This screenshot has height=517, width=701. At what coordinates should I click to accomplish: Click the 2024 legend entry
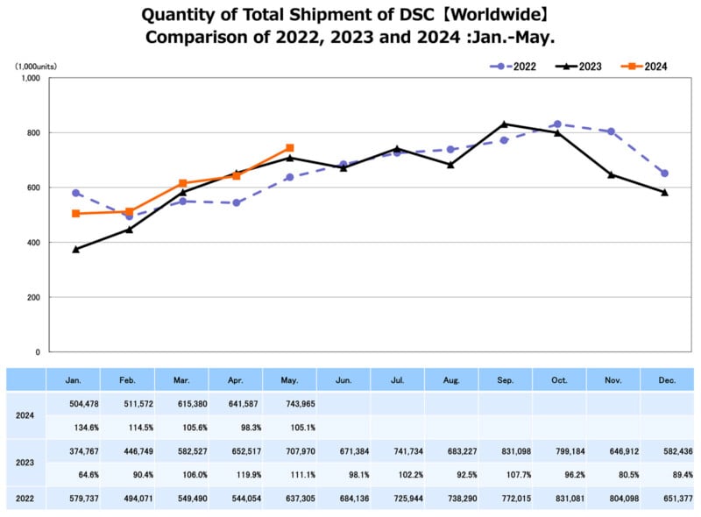click(x=647, y=66)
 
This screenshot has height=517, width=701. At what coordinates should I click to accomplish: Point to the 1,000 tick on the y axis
click(x=30, y=78)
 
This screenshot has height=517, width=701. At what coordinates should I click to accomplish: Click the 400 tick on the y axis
click(x=33, y=243)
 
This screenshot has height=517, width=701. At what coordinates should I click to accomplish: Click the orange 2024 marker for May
click(x=290, y=148)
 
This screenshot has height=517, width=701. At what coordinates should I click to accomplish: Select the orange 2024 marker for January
click(x=76, y=214)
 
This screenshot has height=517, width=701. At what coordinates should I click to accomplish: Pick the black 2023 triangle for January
click(x=76, y=249)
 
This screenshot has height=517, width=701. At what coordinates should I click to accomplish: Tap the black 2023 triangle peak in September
click(x=505, y=124)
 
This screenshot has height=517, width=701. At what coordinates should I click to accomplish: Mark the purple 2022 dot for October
click(x=558, y=124)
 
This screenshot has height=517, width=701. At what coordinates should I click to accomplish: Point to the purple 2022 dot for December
click(x=664, y=174)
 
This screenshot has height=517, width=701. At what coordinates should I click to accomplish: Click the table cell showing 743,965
click(x=290, y=404)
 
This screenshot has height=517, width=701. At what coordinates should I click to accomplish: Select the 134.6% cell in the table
click(x=75, y=428)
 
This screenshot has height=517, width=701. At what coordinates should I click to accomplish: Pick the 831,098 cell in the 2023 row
click(x=505, y=451)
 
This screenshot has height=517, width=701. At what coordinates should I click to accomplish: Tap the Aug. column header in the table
click(x=451, y=380)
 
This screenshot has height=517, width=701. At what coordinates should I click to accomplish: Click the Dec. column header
click(x=666, y=380)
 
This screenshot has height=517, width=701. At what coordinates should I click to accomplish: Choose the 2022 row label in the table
click(x=25, y=499)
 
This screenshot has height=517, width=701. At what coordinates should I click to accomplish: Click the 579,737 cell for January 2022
click(x=75, y=499)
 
